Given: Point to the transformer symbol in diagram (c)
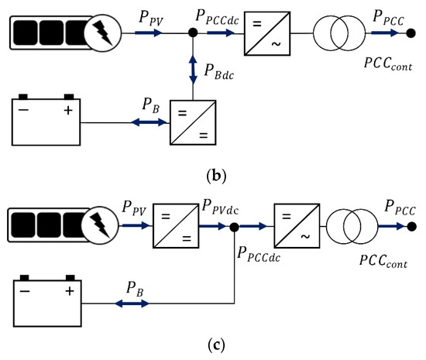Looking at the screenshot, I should click(x=352, y=226).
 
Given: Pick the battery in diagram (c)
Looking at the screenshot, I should click(x=46, y=301).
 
